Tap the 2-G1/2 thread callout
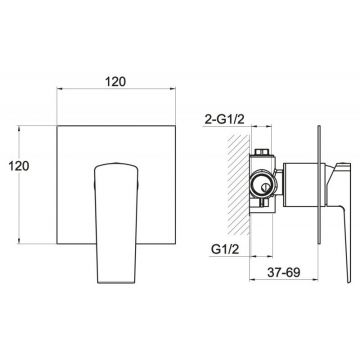pos(224,120)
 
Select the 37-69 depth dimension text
pos(284,272)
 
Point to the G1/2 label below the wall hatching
pos(225,249)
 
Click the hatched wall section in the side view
pos(238,185)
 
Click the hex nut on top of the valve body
pos(263,152)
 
